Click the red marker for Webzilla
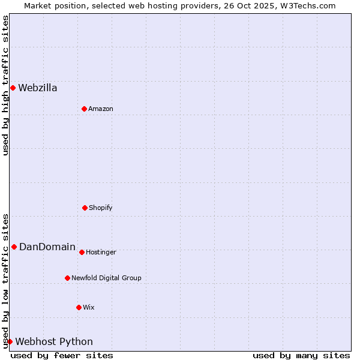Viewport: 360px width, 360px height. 13,88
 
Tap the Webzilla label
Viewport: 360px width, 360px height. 38,88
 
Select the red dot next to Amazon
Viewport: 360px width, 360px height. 84,109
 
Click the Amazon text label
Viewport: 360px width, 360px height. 101,109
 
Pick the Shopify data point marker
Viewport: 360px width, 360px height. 85,208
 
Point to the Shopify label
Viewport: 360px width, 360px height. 101,208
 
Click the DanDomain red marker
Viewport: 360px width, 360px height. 14,247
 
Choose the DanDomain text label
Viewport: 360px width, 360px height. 47,247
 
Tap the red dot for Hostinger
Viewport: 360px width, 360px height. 82,252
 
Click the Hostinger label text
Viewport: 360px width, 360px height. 101,253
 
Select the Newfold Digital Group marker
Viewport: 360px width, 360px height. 67,278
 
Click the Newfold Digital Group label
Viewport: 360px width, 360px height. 106,278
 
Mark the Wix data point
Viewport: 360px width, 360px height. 79,307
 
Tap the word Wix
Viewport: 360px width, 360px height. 89,308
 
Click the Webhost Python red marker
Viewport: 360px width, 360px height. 10,341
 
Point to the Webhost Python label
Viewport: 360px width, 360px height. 54,342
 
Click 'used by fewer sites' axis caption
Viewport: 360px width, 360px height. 62,355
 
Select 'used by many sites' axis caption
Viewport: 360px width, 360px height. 301,355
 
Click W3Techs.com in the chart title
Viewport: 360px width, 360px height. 310,6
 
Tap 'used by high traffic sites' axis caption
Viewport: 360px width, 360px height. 6,85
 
